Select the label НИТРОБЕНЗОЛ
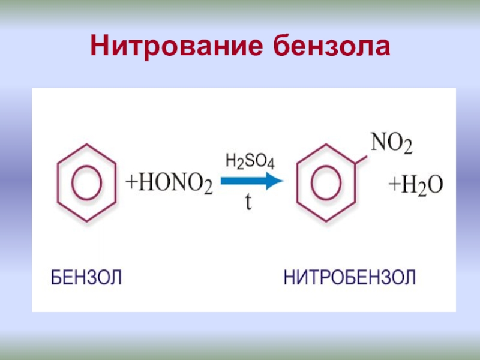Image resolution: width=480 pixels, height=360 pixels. [349, 278]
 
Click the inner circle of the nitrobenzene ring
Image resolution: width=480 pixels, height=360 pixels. [327, 183]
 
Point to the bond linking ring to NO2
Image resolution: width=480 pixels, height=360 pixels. [362, 154]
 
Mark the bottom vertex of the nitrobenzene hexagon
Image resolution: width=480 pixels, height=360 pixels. [327, 223]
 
